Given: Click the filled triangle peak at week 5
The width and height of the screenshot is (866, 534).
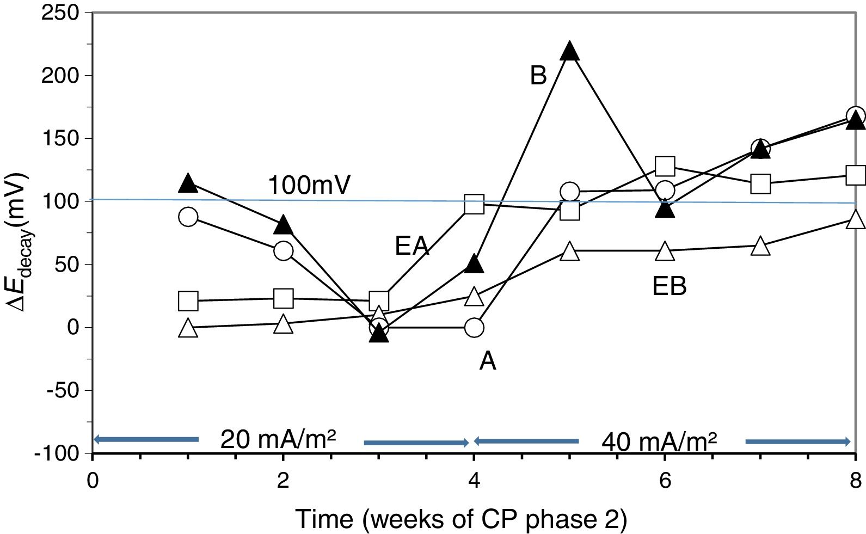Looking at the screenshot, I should tap(569, 51).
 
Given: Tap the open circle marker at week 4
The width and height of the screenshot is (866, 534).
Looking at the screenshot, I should tap(474, 327).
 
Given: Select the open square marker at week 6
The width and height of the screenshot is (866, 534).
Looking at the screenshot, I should tap(665, 166).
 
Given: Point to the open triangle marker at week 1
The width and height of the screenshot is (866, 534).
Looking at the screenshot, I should tap(188, 328).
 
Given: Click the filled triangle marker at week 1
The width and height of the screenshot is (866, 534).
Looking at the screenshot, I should tap(188, 183).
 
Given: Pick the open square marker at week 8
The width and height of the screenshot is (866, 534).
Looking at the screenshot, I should tap(856, 175).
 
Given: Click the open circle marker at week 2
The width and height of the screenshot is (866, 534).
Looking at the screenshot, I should tap(283, 251).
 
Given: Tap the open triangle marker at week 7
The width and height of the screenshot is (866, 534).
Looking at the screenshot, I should tap(760, 247).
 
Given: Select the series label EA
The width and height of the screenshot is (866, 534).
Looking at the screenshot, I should tap(412, 247).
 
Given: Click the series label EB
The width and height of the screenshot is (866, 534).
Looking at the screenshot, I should tap(669, 286).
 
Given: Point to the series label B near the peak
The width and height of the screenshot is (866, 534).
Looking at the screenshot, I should tap(538, 76).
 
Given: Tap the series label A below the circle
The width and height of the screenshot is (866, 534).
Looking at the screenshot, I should tap(488, 361).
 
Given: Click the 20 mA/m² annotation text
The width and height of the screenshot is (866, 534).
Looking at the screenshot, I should tap(278, 439).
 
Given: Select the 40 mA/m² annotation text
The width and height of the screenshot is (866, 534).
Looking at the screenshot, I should tap(659, 441).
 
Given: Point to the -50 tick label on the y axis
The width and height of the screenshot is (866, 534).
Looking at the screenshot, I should tap(61, 390).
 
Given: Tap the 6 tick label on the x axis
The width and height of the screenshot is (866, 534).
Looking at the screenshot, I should tap(665, 481).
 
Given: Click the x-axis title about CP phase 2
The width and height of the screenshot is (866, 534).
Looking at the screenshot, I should tap(461, 519).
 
